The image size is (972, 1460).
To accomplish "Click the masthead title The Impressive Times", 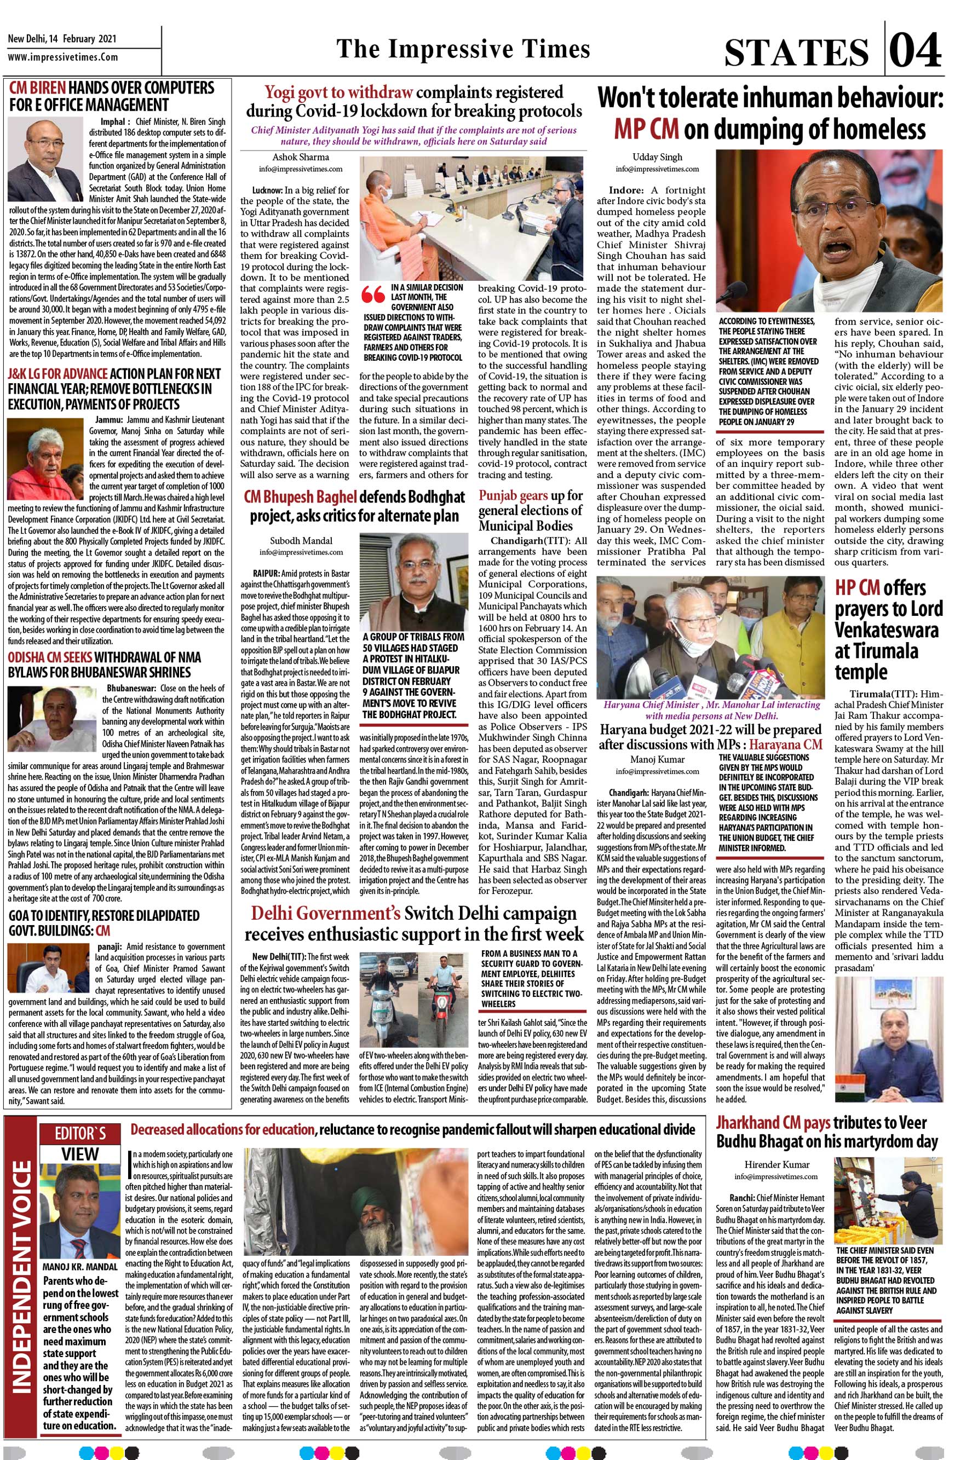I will pyautogui.click(x=462, y=48).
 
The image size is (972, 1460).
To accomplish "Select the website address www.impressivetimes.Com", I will pyautogui.click(x=62, y=57).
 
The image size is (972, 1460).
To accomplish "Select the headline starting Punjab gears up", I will pyautogui.click(x=530, y=511).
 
